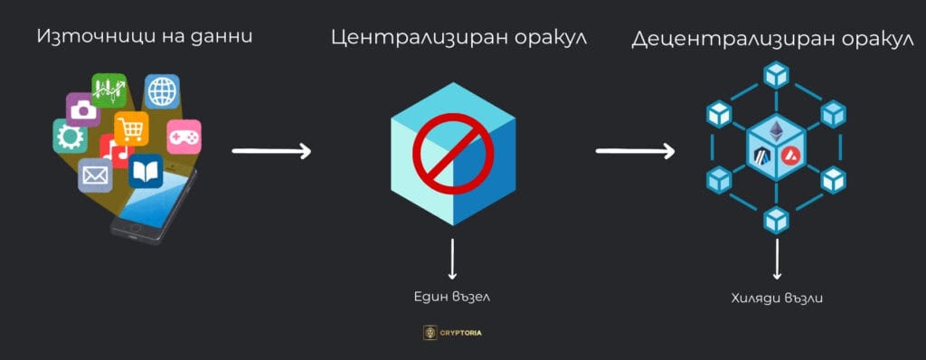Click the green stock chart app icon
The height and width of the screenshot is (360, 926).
109,90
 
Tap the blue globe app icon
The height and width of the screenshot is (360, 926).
163,91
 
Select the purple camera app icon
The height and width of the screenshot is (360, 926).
82,109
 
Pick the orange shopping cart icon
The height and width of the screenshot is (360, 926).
132,128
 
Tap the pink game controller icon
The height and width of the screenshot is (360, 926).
184,136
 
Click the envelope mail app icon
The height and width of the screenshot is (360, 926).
94,173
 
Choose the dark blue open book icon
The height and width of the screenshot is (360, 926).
145,171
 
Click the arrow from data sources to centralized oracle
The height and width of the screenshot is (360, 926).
271,150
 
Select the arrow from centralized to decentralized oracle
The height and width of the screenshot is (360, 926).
636,150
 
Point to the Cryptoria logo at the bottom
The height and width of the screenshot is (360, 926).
452,332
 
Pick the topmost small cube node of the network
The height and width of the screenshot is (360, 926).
775,75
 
